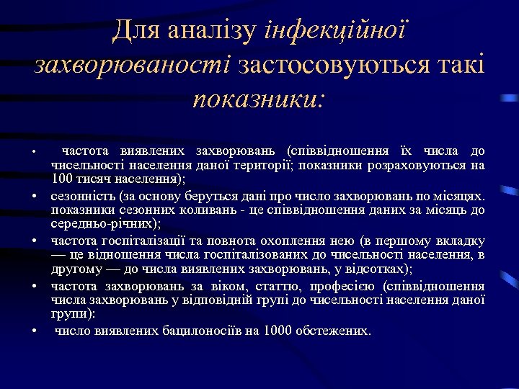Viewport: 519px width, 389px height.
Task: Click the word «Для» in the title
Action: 136,32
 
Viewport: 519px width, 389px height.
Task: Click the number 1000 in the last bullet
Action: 278,331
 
